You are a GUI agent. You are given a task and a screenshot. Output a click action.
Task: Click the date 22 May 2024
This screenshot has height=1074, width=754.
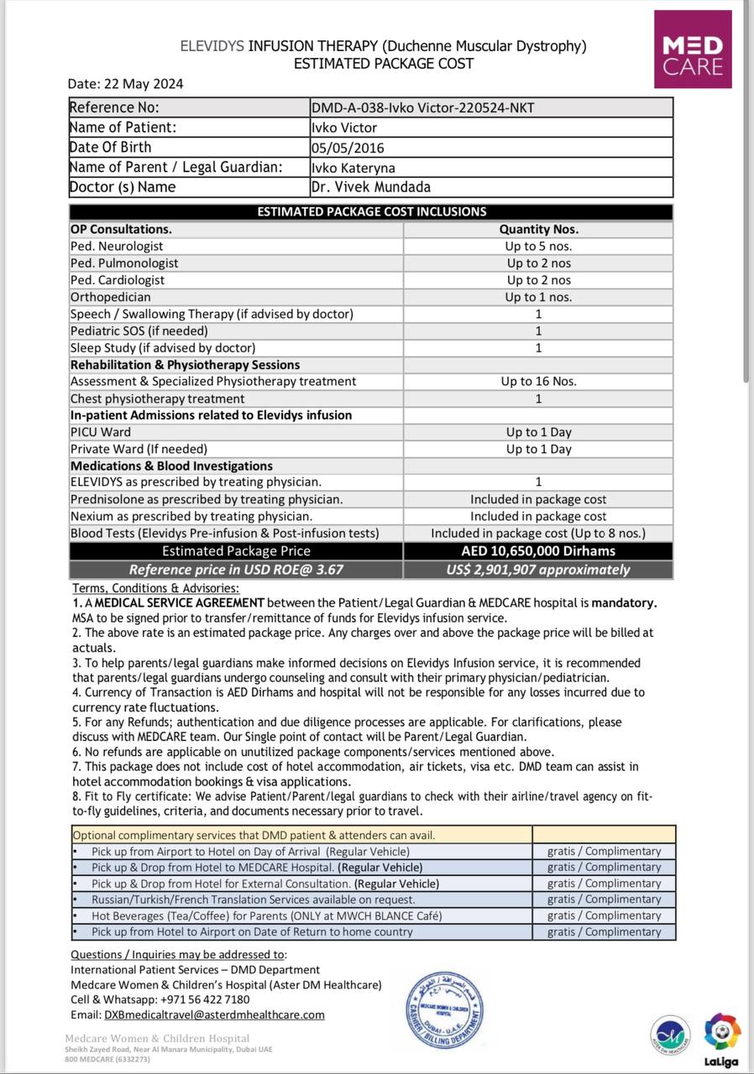tap(144, 84)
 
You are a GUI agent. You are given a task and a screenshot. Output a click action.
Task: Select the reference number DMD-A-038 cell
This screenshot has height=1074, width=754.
tap(422, 107)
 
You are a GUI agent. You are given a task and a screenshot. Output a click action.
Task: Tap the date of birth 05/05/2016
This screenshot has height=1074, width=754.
tap(348, 148)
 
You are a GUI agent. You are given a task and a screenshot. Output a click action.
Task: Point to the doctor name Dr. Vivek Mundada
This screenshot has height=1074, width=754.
tap(370, 187)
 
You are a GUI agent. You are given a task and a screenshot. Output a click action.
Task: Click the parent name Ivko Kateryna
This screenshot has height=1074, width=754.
tap(353, 168)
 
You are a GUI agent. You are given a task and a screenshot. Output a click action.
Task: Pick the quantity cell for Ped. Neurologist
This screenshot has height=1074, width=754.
tap(538, 247)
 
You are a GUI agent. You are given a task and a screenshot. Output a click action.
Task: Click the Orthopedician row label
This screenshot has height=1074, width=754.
tap(111, 297)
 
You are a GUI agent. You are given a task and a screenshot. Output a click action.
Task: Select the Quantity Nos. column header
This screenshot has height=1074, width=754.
tap(538, 229)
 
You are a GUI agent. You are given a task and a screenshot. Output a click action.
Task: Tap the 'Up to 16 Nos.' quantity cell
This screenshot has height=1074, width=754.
tap(538, 382)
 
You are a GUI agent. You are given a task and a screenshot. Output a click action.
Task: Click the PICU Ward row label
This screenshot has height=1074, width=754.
tap(101, 432)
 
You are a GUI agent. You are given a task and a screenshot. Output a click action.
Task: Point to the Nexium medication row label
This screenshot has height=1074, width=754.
tap(191, 517)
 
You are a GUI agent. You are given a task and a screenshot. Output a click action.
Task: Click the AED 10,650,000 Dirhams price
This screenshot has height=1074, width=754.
tap(538, 551)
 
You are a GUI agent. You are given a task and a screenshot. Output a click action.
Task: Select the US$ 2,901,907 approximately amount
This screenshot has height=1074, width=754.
tap(538, 570)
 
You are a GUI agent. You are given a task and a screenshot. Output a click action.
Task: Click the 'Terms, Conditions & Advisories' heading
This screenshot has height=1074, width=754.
tap(156, 588)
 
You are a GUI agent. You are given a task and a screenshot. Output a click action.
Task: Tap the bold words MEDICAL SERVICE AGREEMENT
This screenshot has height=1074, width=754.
tap(181, 602)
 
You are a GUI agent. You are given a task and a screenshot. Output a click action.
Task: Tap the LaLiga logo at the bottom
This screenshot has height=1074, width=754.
tap(722, 1039)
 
